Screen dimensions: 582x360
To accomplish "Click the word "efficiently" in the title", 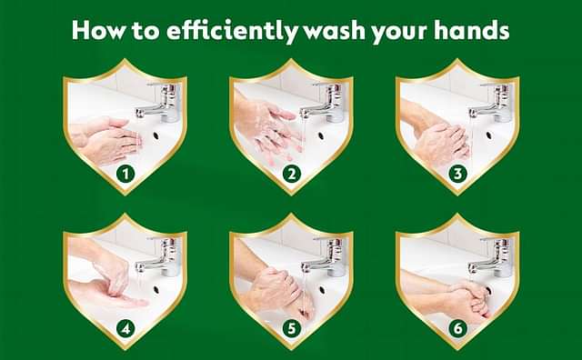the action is (231, 30).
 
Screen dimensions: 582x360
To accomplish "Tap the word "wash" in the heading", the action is (335, 31).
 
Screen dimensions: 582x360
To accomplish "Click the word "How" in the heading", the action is (98, 30).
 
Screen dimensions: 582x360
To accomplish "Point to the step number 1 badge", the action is (125, 174).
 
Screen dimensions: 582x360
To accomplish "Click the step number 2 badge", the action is (291, 174).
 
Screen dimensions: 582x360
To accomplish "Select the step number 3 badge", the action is (457, 174).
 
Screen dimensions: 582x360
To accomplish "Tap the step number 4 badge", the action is (125, 328).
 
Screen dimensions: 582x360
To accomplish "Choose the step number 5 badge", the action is (291, 328).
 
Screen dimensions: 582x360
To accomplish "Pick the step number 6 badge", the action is (457, 328).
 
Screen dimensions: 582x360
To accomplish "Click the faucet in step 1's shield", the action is (159, 102).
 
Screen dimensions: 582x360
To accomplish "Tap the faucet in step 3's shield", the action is (491, 102).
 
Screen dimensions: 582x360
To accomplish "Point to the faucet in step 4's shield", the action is (159, 257).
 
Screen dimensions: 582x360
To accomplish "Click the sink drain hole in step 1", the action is (156, 135).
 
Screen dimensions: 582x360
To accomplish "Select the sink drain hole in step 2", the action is (322, 135).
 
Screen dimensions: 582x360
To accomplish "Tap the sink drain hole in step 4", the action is (156, 290).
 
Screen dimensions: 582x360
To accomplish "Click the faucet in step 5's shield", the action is (324, 257).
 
